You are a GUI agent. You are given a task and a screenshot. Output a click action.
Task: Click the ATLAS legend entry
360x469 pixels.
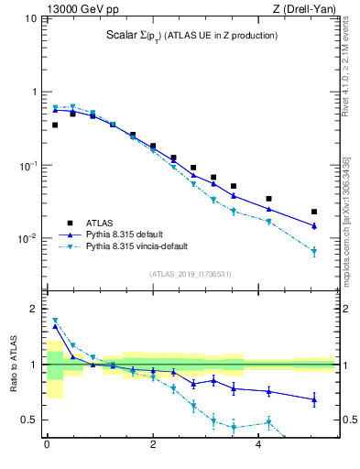(104, 223)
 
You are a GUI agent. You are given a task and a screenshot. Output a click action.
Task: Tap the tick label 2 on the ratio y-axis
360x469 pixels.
(35, 309)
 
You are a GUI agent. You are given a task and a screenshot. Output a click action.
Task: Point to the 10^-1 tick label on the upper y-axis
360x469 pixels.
(27, 166)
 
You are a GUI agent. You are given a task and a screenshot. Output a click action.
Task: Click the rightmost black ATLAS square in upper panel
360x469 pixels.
(314, 212)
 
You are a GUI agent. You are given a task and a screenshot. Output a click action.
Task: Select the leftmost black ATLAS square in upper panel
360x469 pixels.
(55, 125)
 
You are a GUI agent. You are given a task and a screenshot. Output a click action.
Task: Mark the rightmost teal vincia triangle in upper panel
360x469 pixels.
(314, 251)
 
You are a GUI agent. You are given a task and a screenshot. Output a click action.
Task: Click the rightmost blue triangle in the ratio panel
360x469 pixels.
(314, 399)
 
